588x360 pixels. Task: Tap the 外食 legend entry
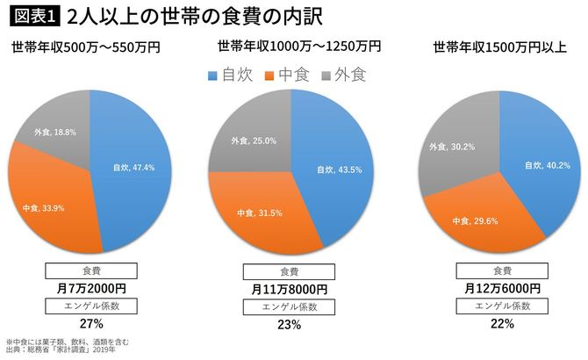pos(338,76)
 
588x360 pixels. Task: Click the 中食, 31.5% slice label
pos(257,212)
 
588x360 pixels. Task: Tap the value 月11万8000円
pos(289,289)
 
